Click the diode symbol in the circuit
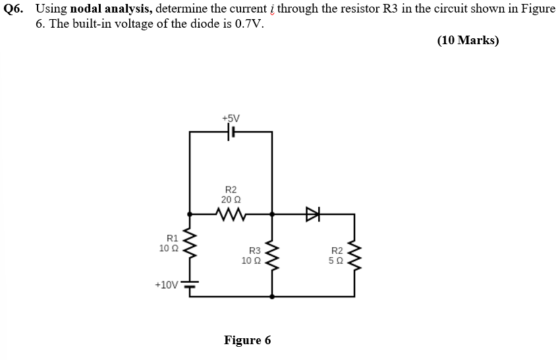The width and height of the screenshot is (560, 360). (312, 214)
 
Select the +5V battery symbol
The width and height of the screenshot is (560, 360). (231, 132)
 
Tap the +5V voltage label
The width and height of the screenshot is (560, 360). (231, 118)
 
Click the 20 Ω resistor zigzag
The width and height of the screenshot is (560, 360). (231, 214)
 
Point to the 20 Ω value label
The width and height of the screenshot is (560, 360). (231, 199)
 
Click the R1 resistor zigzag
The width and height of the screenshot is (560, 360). (190, 243)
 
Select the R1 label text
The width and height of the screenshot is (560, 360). (172, 238)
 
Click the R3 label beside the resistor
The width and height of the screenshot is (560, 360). (254, 251)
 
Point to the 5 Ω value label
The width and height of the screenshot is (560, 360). (337, 260)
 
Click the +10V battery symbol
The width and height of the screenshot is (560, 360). (190, 285)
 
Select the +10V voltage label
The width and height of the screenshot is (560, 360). (166, 285)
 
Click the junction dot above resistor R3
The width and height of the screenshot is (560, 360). (272, 214)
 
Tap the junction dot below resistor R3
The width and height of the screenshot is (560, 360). (272, 297)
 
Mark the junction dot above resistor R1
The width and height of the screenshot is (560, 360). (190, 214)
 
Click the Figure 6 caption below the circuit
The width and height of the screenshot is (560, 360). (247, 340)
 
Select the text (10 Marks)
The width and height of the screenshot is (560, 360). (468, 40)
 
